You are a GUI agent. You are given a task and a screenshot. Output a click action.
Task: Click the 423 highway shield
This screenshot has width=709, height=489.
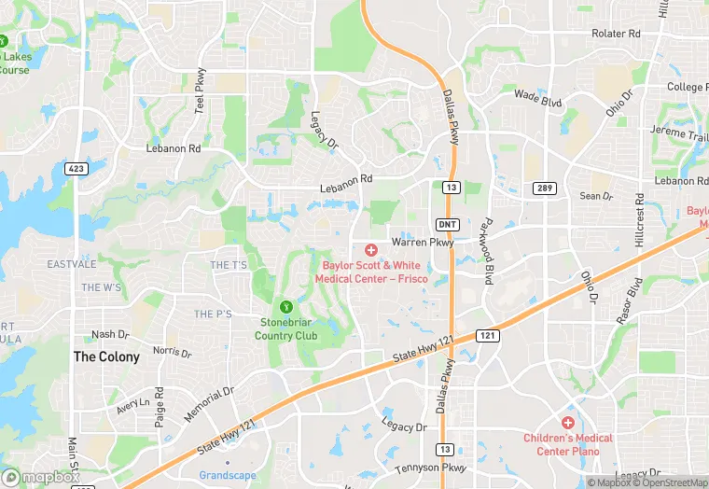click(x=77, y=169)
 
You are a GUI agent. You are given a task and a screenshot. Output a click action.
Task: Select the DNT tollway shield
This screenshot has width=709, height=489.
click(x=447, y=224)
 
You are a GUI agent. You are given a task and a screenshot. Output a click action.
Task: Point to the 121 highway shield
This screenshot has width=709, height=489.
click(x=489, y=334)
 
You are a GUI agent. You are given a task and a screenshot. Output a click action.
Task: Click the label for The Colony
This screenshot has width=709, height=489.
click(x=106, y=356)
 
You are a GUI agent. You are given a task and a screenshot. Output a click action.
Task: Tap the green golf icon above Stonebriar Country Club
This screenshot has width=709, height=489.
click(x=286, y=306)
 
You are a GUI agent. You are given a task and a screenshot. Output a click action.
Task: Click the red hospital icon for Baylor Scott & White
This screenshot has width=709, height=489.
click(x=370, y=249)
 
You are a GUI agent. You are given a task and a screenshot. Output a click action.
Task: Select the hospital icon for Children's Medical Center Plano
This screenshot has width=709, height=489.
click(x=567, y=423)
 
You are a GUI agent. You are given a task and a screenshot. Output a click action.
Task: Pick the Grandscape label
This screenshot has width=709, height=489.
click(x=228, y=475)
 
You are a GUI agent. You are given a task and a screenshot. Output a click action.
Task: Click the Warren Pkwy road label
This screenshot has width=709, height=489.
click(x=422, y=242)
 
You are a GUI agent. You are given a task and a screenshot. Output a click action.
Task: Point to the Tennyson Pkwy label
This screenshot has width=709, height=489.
click(x=428, y=468)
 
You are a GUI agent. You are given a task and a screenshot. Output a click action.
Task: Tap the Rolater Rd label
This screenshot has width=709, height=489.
click(x=616, y=34)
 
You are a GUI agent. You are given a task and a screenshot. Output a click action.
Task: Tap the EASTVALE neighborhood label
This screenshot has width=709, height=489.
click(x=72, y=264)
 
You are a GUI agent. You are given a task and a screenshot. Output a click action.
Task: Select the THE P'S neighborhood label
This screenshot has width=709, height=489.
click(x=213, y=314)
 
